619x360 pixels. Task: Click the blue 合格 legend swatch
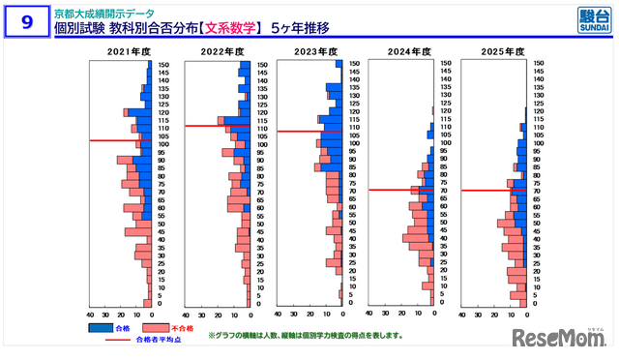101,328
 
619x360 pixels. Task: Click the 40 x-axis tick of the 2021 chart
91,315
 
